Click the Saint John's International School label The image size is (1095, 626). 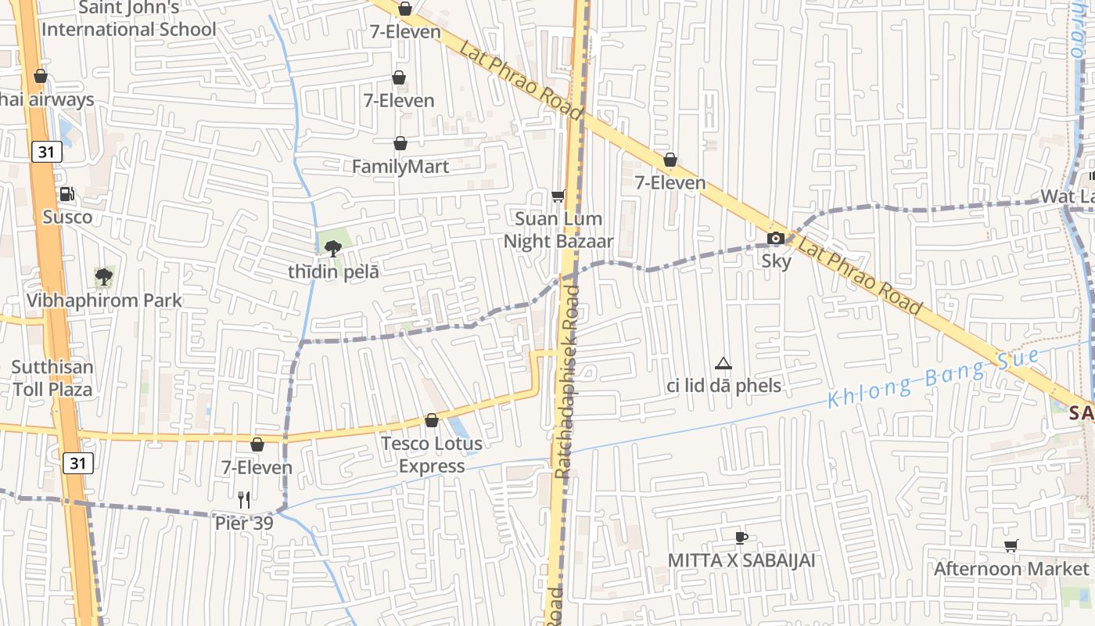point(129,19)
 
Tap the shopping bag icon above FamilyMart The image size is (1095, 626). point(400,143)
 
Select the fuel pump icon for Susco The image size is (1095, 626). point(67,194)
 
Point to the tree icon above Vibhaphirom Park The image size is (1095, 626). point(103,276)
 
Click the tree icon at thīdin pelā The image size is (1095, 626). point(333,249)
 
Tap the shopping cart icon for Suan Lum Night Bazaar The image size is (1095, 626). point(558,196)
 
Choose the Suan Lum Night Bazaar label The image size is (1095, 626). point(558,230)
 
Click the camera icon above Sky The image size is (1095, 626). point(776,238)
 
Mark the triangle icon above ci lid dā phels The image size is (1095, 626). point(723,363)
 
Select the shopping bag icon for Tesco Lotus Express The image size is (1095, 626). point(432,421)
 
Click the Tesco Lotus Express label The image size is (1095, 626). point(432,455)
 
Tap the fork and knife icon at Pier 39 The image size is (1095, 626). point(244,499)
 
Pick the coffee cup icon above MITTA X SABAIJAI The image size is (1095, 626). point(741,538)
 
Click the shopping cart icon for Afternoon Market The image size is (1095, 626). point(1011,545)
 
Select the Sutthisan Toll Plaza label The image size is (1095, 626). point(52,378)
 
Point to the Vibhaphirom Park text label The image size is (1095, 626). point(104,300)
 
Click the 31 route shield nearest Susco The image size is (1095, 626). point(46,152)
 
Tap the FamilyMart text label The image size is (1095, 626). point(400,167)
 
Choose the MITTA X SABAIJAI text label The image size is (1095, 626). point(741,560)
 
